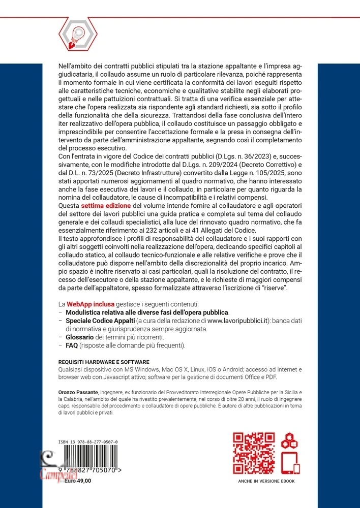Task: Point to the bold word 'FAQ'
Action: click(x=72, y=346)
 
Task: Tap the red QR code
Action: click(x=254, y=453)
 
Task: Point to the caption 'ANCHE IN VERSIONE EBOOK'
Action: click(x=266, y=481)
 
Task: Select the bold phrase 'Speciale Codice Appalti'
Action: click(x=100, y=321)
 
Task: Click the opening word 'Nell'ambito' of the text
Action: click(x=73, y=66)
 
